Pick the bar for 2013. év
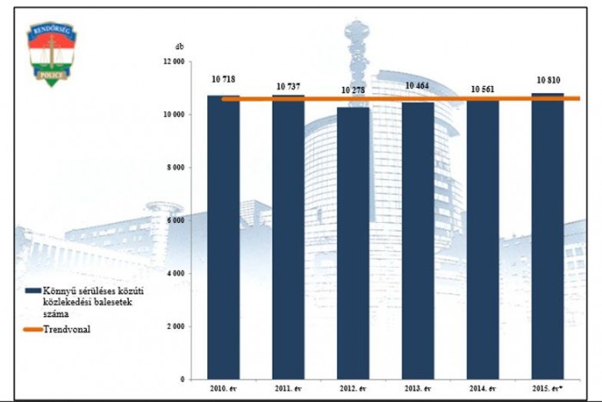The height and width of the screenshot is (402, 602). tap(418, 240)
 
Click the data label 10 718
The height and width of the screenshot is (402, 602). tap(223, 79)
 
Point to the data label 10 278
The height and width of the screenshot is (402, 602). tap(353, 90)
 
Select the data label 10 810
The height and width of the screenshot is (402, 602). tap(548, 79)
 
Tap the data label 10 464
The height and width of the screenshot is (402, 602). tap(418, 86)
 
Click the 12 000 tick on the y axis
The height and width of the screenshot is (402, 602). tap(174, 62)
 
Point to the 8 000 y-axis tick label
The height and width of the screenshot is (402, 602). tap(175, 168)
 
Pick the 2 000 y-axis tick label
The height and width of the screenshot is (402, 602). tap(175, 326)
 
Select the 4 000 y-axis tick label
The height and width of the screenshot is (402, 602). tap(175, 274)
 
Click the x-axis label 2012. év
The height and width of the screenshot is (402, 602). tap(353, 388)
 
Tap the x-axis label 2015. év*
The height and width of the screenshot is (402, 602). tap(548, 388)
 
